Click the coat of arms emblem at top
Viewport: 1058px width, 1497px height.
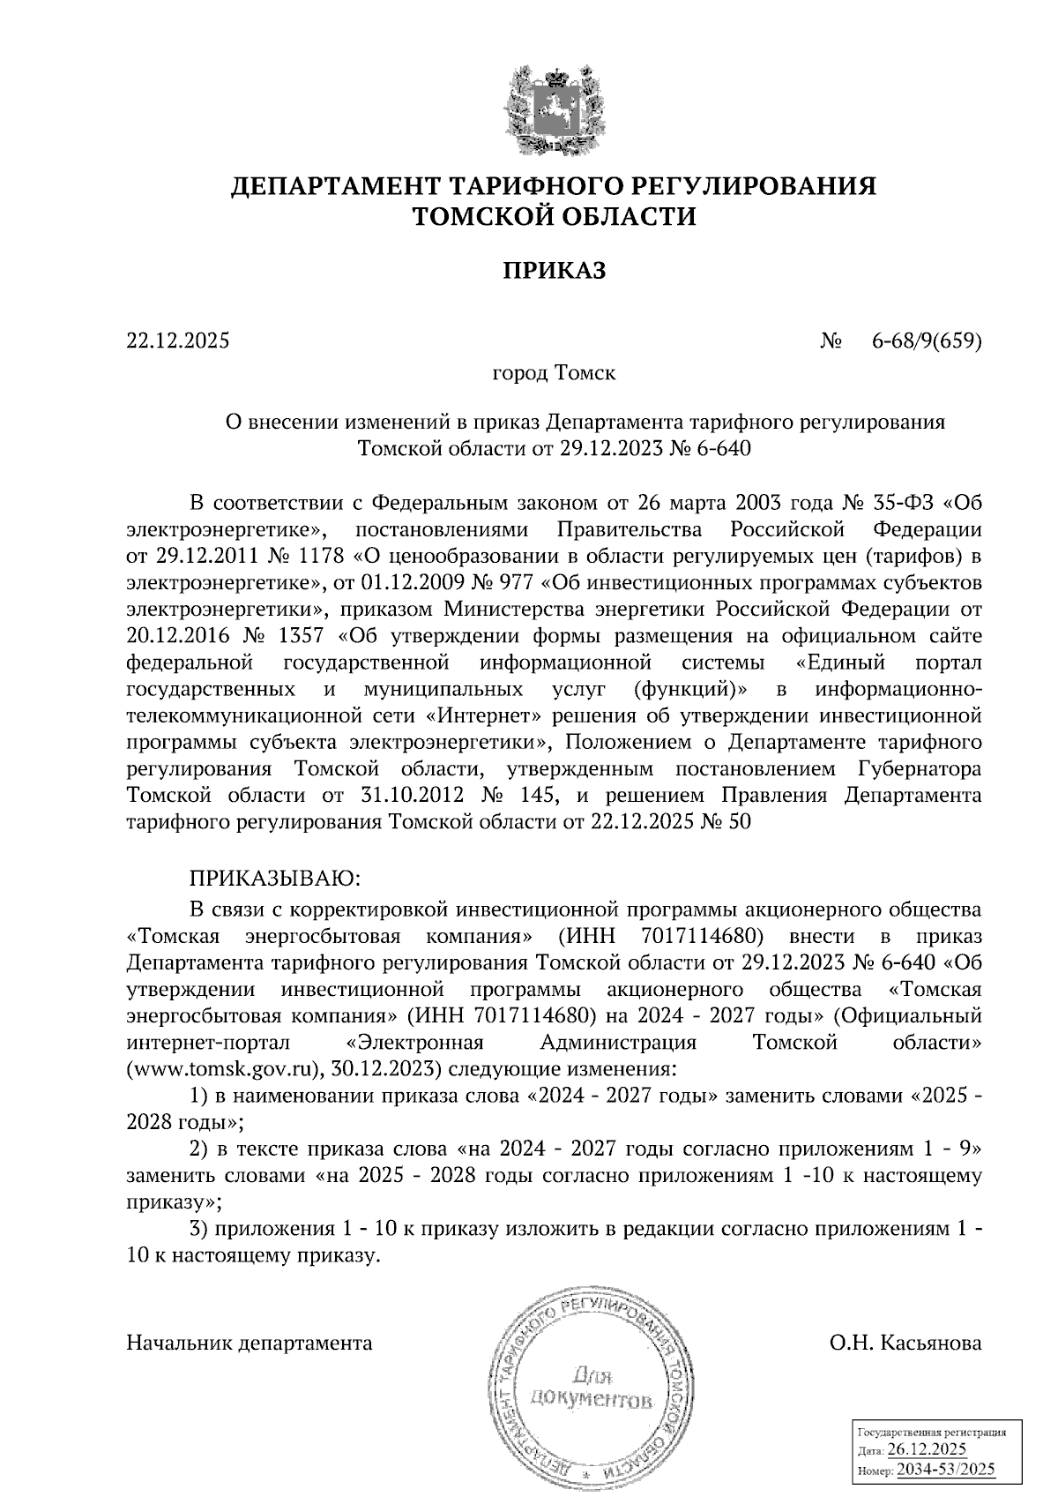555,106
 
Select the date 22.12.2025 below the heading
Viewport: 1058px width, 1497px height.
177,340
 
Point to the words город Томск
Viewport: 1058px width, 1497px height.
554,372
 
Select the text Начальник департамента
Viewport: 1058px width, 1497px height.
250,1344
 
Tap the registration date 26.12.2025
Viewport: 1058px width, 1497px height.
927,1449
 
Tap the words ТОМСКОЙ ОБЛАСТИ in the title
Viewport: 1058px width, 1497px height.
555,216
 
